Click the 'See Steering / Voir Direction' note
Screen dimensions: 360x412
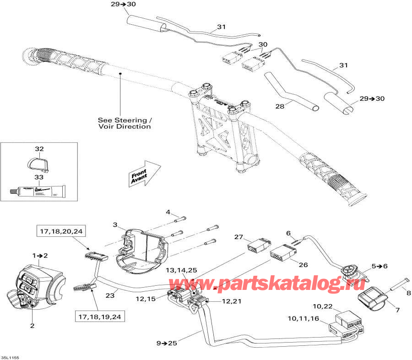point(125,123)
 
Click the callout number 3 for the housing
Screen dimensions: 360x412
point(115,224)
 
